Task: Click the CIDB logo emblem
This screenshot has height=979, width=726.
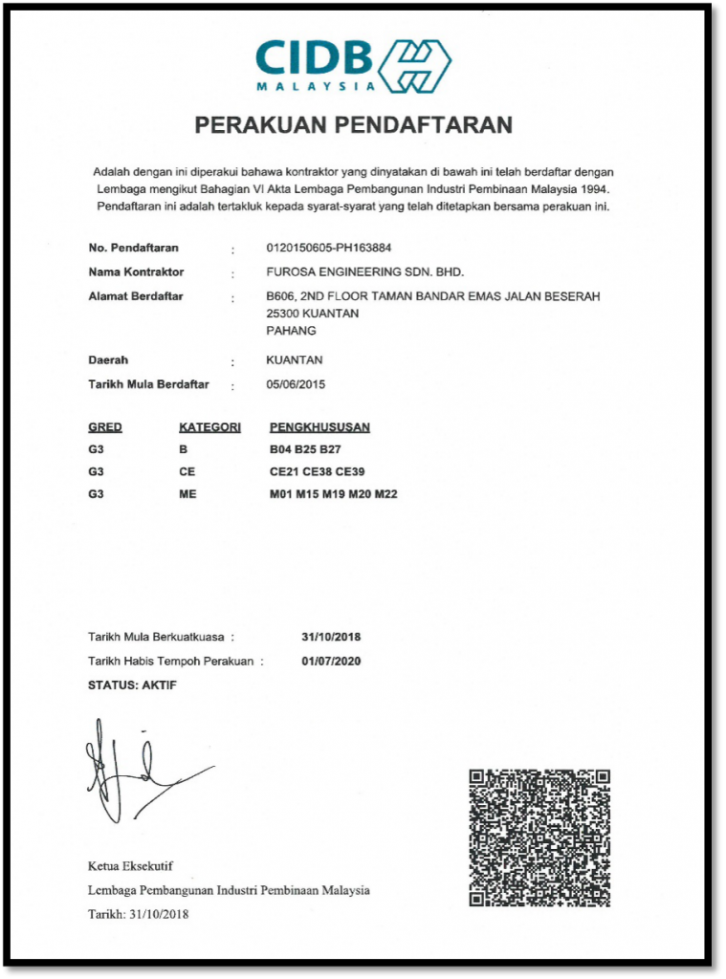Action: click(415, 64)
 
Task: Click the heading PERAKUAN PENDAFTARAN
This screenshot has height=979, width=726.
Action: click(354, 124)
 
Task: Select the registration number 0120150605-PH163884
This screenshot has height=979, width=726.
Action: click(328, 248)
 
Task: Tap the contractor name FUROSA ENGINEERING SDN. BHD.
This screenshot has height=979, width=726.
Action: click(364, 272)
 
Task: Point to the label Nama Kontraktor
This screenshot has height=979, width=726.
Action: click(136, 272)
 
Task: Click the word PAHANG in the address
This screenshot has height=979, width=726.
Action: click(291, 330)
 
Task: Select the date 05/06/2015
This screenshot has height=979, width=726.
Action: click(297, 384)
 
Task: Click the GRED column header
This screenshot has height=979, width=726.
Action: click(105, 426)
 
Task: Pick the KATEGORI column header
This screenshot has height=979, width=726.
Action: click(209, 426)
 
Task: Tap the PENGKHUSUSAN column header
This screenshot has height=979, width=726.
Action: click(319, 426)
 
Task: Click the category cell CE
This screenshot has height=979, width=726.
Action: click(187, 470)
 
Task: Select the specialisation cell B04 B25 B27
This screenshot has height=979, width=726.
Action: click(305, 448)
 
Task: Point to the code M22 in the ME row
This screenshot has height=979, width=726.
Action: click(385, 493)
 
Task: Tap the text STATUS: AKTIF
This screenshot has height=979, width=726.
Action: click(132, 685)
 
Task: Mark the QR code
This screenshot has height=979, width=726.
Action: click(539, 838)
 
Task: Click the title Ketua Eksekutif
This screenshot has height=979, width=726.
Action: click(130, 866)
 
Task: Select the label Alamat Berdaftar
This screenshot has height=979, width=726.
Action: click(136, 296)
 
